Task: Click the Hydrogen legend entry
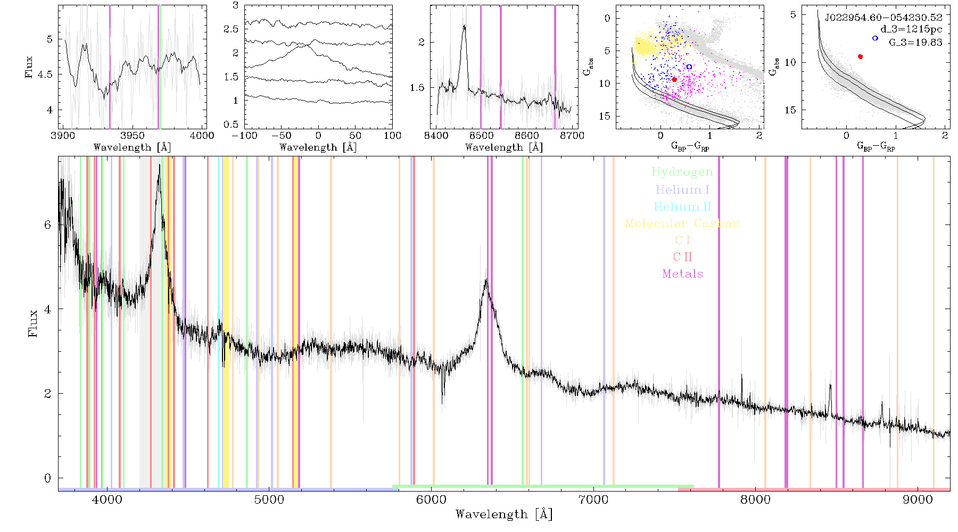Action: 682,172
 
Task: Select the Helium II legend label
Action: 682,206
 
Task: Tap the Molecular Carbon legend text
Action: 682,223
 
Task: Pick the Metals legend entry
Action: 683,274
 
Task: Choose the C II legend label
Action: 682,257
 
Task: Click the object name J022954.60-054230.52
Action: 883,18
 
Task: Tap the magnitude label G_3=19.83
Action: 915,43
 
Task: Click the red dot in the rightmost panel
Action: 860,56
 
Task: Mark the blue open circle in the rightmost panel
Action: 875,38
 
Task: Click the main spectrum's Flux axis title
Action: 33,323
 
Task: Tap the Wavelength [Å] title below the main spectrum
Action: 504,514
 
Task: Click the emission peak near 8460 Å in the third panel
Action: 464,26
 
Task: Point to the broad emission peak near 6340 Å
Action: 486,280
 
